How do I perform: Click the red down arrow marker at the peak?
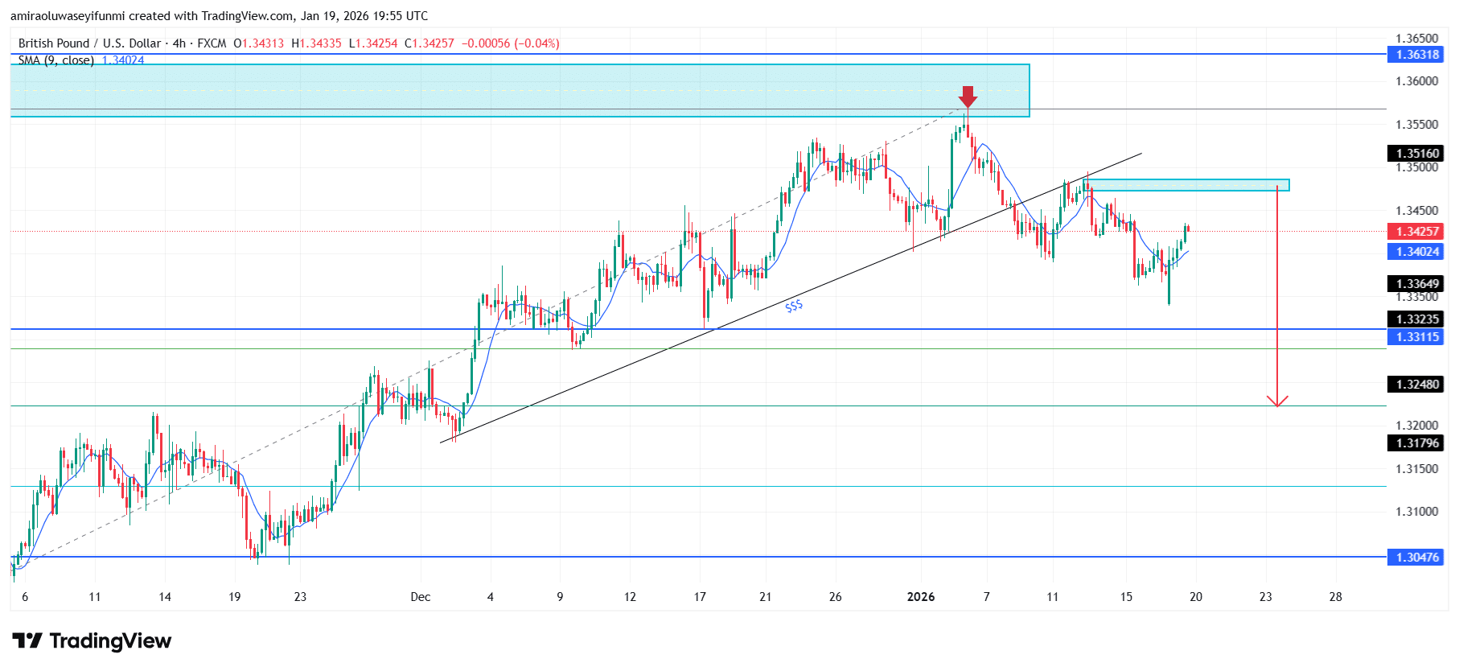968,97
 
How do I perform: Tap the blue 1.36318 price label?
1416,55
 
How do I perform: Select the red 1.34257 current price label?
1416,232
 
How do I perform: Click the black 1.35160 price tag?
1416,154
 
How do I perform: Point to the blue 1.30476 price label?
1416,557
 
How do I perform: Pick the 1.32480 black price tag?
1416,384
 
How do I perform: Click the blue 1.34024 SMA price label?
1416,252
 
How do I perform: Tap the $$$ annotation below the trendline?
794,306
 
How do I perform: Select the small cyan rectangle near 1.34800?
1186,185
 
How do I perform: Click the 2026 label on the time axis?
920,597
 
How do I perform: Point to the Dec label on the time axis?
420,597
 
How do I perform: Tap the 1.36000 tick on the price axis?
1416,81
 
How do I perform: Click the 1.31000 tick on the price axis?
1416,512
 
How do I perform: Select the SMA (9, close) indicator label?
56,60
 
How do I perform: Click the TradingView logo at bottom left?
92,641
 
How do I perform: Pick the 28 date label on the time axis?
1335,597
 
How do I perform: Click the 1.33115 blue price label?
1416,337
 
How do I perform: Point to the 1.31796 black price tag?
1416,443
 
